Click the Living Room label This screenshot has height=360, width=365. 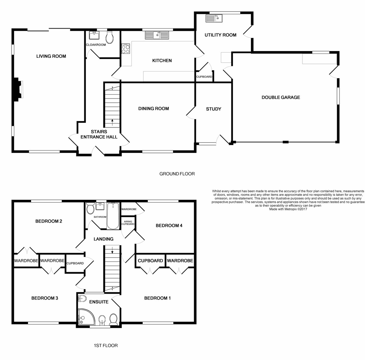tap(51, 56)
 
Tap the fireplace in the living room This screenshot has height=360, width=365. tap(18, 89)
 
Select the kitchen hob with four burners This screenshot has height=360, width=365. tap(125, 49)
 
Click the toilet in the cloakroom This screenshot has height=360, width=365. tap(110, 38)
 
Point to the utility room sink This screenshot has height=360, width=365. tap(214, 18)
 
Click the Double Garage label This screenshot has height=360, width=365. tap(281, 98)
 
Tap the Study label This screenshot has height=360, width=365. tap(214, 109)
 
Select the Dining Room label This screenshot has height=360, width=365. tap(154, 109)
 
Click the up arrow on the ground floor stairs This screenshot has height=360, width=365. tap(113, 122)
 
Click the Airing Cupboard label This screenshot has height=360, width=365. tap(128, 223)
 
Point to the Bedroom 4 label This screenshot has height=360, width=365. tap(169, 226)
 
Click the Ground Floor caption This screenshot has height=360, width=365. tap(177, 174)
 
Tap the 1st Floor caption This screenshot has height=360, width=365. tap(106, 345)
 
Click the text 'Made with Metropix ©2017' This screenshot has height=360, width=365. tap(288, 209)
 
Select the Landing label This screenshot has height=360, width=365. tap(103, 239)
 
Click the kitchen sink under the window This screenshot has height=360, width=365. tap(157, 36)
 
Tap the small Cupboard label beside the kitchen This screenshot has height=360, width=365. tap(204, 77)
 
